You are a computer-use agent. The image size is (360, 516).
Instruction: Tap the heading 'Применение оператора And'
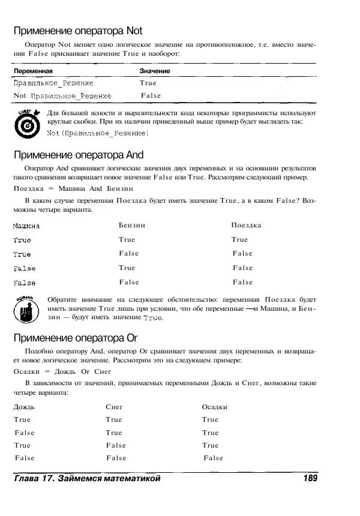tap(79, 155)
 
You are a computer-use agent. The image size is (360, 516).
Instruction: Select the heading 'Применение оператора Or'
tap(76, 337)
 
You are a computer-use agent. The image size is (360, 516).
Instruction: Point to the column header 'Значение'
tap(155, 71)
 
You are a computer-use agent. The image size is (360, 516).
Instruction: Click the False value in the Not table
tap(151, 95)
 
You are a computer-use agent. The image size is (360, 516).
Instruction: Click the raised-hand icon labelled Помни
tap(25, 308)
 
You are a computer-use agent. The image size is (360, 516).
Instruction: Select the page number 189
tap(310, 478)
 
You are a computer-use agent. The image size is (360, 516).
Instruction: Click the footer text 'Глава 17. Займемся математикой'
tap(88, 478)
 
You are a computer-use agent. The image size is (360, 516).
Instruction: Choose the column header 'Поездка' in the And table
tap(246, 225)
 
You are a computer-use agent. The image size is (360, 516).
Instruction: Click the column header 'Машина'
tap(26, 226)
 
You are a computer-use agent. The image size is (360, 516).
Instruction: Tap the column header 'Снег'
tap(114, 407)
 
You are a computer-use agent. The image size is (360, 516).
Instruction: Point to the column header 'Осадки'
tap(214, 407)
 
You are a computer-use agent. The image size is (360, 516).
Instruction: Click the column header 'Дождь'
tap(25, 407)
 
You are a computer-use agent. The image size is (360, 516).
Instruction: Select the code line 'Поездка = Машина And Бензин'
tap(65, 188)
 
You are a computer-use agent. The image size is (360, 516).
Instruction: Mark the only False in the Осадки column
tap(213, 458)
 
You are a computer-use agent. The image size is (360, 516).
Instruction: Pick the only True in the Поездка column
tap(239, 239)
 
